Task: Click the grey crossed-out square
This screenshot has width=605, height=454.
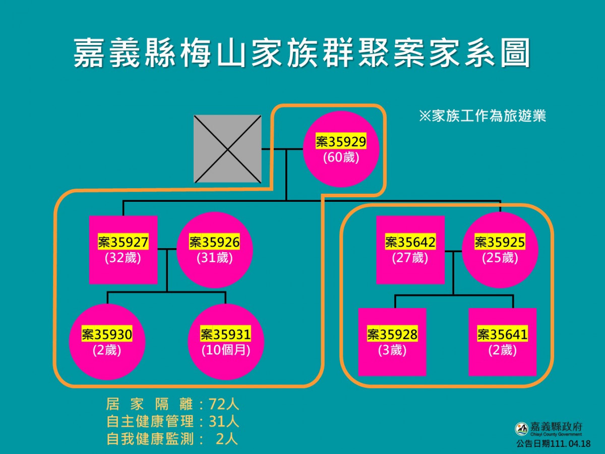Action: [x=227, y=149]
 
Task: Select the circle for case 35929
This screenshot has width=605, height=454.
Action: [x=341, y=149]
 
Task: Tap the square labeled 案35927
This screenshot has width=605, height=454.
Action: [x=123, y=250]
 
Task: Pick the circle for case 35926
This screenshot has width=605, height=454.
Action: [x=215, y=250]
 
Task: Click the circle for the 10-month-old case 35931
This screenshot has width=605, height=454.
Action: [x=226, y=342]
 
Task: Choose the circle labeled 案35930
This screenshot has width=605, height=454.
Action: [x=107, y=342]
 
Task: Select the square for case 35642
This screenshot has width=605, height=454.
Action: [x=410, y=250]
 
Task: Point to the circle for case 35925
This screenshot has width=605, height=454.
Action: [x=500, y=250]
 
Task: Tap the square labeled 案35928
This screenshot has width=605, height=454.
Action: [x=392, y=342]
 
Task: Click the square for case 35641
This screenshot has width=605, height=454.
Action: [x=503, y=342]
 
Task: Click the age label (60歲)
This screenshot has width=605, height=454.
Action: [x=341, y=158]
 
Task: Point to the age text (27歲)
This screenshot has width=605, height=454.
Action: [x=410, y=258]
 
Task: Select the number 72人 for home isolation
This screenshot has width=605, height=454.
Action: [x=224, y=405]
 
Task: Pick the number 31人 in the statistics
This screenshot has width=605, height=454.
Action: [x=224, y=422]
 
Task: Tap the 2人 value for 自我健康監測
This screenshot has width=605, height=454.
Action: [x=227, y=439]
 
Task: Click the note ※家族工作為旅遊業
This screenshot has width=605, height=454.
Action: [x=482, y=116]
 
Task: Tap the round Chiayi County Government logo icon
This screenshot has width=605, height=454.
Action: [x=521, y=429]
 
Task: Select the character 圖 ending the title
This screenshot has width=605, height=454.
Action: [x=515, y=52]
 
